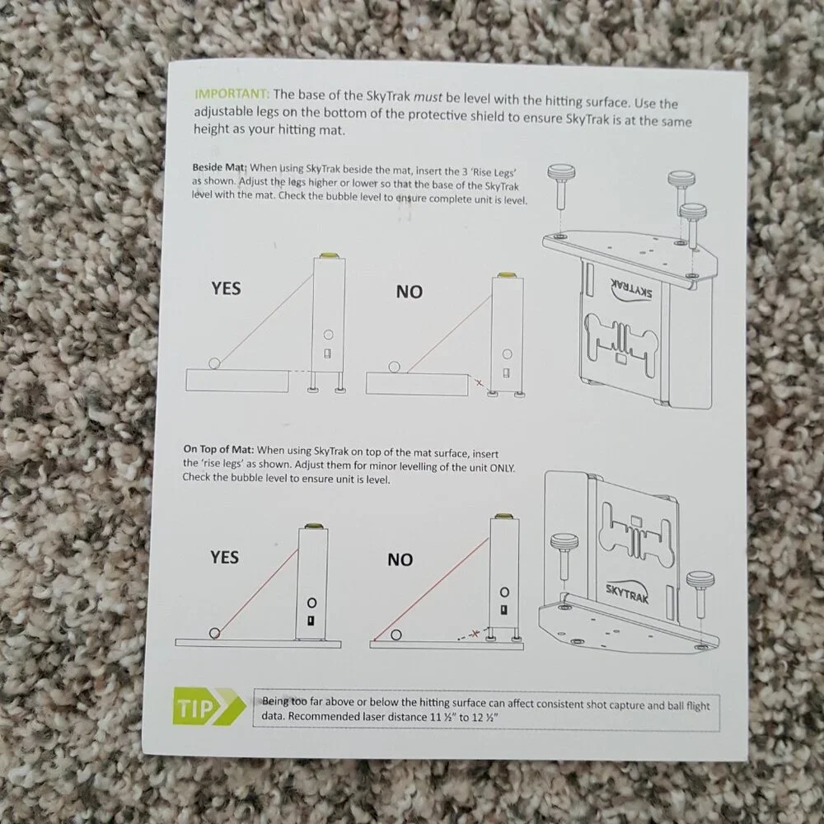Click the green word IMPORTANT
[232, 94]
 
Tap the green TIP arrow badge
[208, 707]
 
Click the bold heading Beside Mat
[219, 167]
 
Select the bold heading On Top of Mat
[218, 449]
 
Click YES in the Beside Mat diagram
[226, 288]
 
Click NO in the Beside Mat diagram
[410, 292]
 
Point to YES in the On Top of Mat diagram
[224, 557]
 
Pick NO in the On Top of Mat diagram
[400, 559]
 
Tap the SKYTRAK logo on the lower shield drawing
[627, 592]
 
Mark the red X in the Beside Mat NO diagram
[479, 383]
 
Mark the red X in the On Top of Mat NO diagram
[475, 633]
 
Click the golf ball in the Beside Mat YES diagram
[214, 363]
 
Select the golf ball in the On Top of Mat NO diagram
[396, 634]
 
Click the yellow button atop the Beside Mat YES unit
[329, 255]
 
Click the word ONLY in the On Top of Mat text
[503, 467]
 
